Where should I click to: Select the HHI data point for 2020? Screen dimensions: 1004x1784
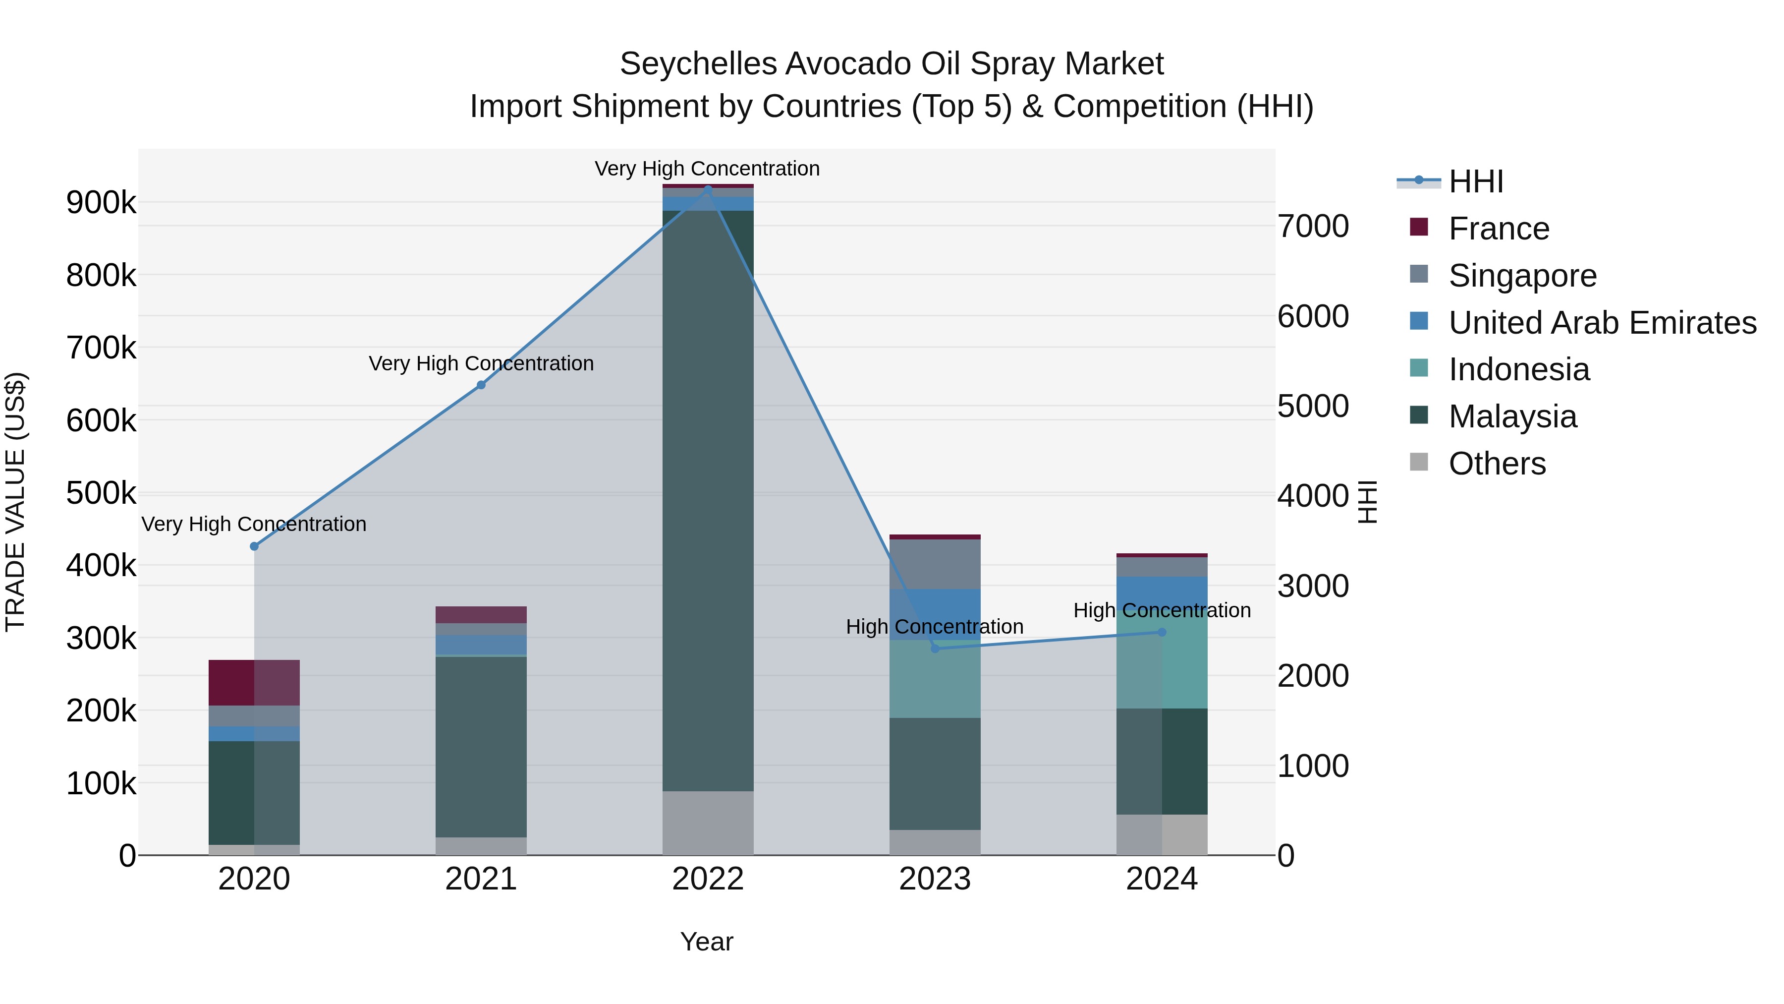pyautogui.click(x=254, y=546)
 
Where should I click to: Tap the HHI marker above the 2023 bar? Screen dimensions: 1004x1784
pyautogui.click(x=935, y=649)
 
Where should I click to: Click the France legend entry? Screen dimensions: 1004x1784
pyautogui.click(x=1498, y=229)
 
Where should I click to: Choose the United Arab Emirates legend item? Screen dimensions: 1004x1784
pyautogui.click(x=1602, y=323)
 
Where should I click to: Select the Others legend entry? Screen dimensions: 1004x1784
pyautogui.click(x=1497, y=464)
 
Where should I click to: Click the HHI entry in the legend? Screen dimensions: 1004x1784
pyautogui.click(x=1475, y=181)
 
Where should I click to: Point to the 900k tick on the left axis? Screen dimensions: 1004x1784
pyautogui.click(x=101, y=203)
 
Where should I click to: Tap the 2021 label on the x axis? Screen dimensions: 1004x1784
pyautogui.click(x=481, y=879)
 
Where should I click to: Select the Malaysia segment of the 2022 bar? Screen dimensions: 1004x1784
pyautogui.click(x=708, y=499)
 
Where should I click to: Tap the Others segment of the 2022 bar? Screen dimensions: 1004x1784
pyautogui.click(x=708, y=823)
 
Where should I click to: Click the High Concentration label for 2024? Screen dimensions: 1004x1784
pyautogui.click(x=1162, y=610)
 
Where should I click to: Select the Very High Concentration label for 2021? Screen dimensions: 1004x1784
pyautogui.click(x=481, y=364)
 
